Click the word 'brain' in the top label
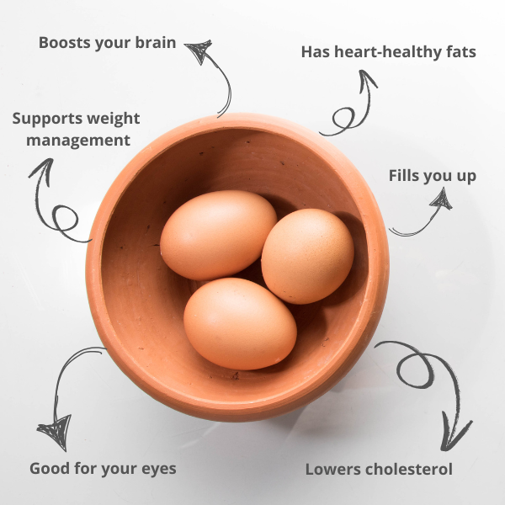point(155,43)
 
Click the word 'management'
point(78,141)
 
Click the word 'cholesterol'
point(409,469)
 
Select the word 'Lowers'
point(333,470)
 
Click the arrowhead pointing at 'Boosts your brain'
point(199,50)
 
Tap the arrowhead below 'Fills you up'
point(442,199)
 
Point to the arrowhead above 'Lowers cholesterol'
point(454,433)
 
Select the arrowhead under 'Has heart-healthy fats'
point(367,81)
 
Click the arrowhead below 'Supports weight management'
point(43,171)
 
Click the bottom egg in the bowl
point(240,324)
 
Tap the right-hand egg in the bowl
point(307,256)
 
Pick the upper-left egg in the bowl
point(218,235)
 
